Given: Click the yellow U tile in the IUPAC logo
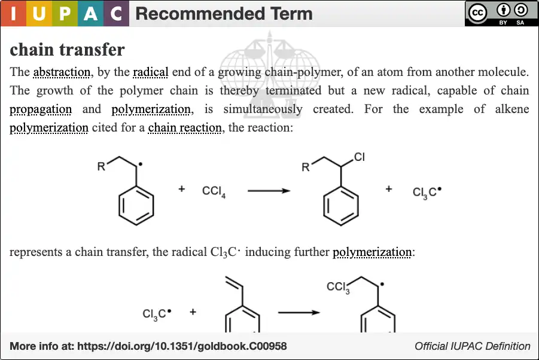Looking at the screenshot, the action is coord(39,13).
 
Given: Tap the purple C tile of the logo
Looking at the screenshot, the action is coord(116,13).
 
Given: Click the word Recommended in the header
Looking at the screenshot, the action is coord(200,14).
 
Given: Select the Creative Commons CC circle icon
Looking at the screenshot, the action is coord(478,13).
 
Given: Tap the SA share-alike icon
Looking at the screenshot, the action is coord(520,10).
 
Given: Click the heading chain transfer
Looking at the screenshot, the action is coord(67,50).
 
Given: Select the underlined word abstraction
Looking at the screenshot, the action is coord(62,72).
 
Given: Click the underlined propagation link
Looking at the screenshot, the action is coord(41,109).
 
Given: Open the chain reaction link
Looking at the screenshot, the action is coord(185,128).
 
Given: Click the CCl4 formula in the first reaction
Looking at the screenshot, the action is coord(214,192).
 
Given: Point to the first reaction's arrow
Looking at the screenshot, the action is coord(269,191).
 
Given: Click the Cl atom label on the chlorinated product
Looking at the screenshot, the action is coord(359,157).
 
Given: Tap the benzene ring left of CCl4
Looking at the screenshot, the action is coord(136,206).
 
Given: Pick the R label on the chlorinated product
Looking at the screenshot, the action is coord(305,167).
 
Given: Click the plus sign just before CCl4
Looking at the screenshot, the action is coord(182,188).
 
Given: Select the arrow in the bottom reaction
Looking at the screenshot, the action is coord(299,313).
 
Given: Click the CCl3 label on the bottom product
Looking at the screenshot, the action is coord(338,287).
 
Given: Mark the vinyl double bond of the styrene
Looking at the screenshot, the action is coord(234,282).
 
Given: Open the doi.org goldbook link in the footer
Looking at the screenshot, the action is coord(182,346).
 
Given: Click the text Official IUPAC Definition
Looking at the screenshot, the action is coord(473,346).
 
